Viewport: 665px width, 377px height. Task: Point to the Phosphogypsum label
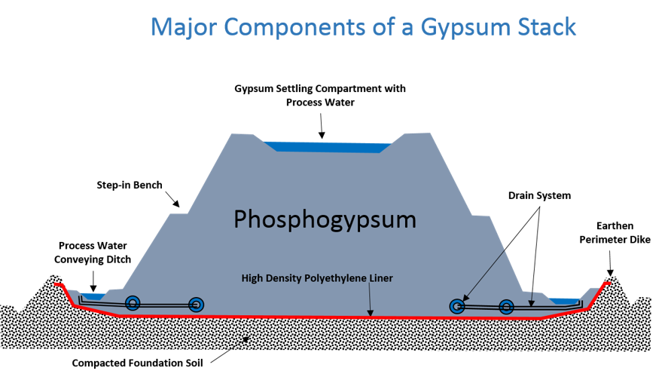click(325, 219)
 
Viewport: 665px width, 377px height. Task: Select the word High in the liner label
click(252, 278)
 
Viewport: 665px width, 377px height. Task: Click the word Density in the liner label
click(284, 278)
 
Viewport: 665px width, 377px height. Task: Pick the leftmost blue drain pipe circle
click(133, 303)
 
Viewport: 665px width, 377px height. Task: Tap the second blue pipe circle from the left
click(197, 305)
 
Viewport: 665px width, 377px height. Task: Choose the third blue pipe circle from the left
click(456, 306)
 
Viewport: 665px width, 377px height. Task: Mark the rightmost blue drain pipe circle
click(506, 306)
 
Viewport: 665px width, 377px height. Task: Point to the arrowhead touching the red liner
click(370, 313)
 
